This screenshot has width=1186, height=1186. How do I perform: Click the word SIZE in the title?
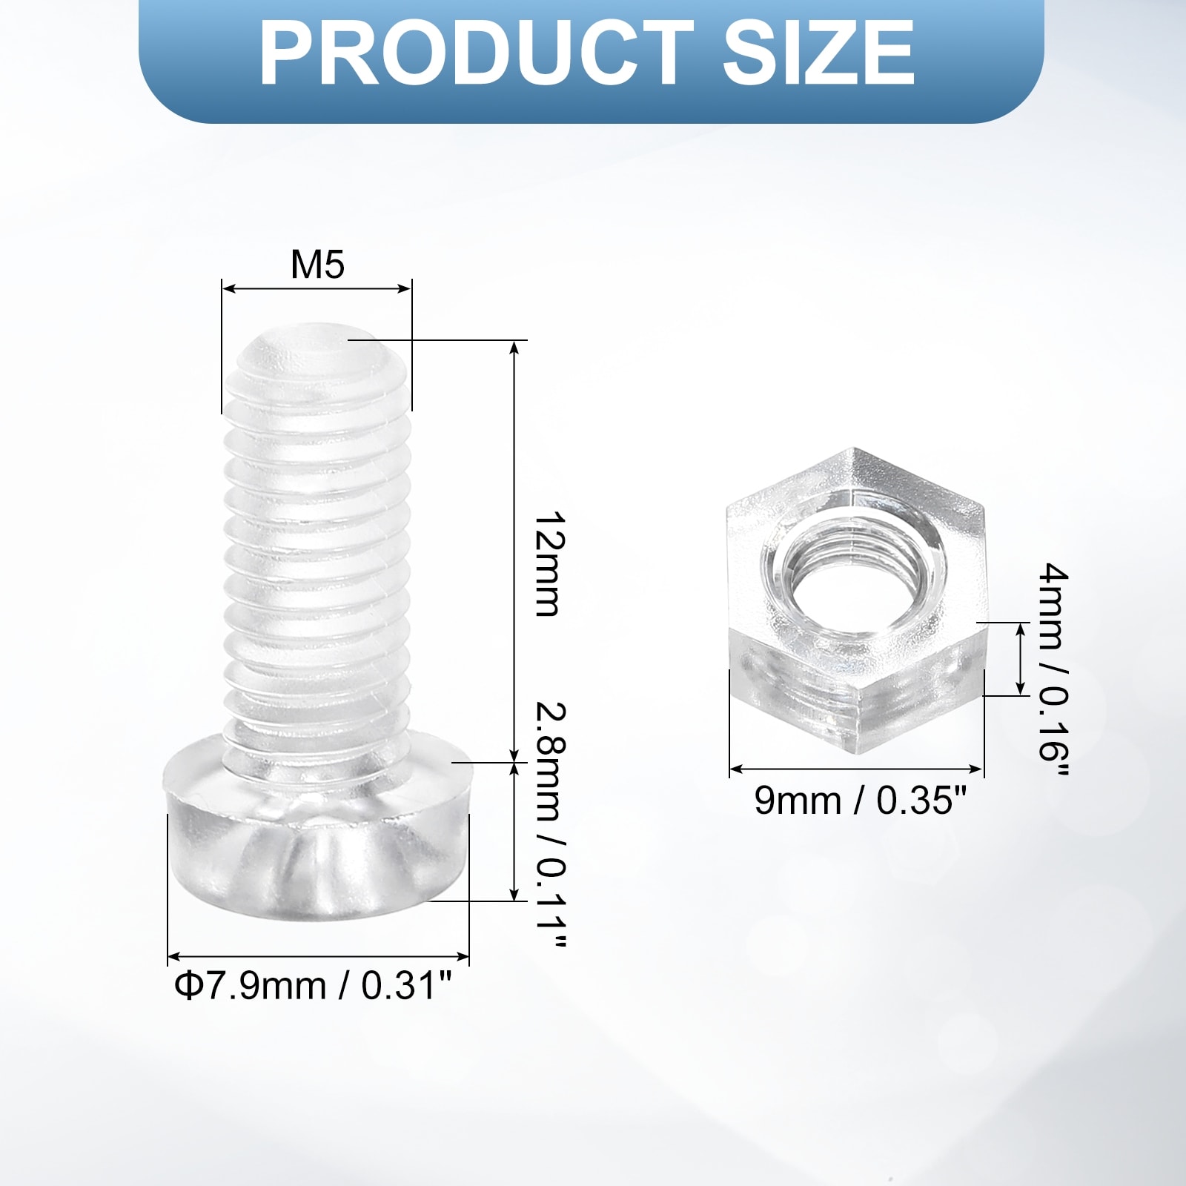(x=819, y=53)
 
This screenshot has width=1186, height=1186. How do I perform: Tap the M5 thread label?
(x=317, y=264)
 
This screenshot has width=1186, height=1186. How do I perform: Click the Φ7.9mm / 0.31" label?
(x=313, y=987)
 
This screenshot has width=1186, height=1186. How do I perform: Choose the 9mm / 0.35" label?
(x=861, y=801)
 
